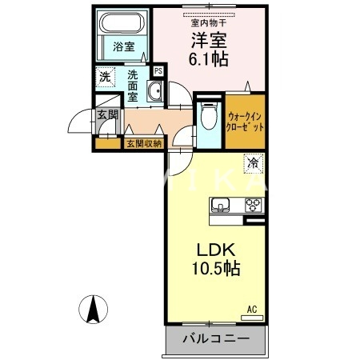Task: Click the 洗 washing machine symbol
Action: coord(105,78)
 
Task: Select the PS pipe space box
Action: coord(159,71)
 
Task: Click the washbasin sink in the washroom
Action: coord(154,93)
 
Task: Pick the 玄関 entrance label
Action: coord(106,116)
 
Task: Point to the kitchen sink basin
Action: coord(222,206)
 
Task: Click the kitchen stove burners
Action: coord(254,206)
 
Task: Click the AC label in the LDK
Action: coord(251,309)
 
